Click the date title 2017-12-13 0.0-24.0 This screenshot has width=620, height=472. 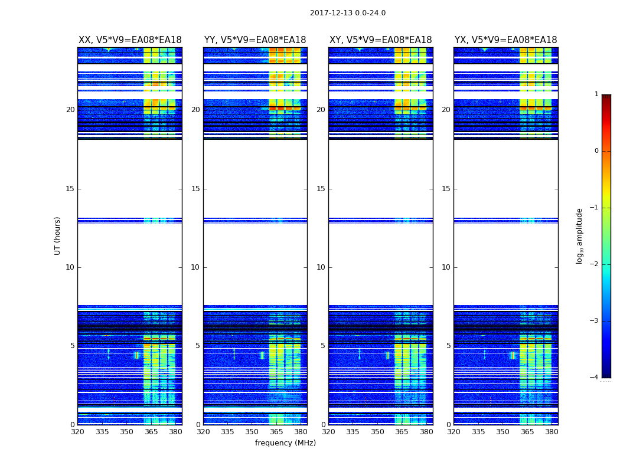[348, 13]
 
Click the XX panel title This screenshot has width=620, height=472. [130, 40]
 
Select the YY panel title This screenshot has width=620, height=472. [255, 40]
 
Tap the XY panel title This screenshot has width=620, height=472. [380, 40]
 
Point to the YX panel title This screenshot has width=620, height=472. [505, 40]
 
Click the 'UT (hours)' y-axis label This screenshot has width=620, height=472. [57, 235]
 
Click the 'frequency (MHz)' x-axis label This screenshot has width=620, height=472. [285, 443]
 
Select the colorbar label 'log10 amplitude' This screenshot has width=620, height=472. [580, 235]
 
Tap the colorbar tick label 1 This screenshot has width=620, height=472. [596, 94]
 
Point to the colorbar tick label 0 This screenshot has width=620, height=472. [596, 151]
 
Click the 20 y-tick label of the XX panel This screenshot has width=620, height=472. [70, 110]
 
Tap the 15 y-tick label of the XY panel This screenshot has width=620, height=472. [321, 189]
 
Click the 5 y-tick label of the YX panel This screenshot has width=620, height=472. [448, 346]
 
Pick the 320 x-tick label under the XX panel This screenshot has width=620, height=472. [78, 432]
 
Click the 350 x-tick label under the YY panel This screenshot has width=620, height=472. [252, 432]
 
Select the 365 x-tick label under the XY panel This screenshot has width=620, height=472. [402, 432]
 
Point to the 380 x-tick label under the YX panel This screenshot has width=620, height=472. [552, 432]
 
